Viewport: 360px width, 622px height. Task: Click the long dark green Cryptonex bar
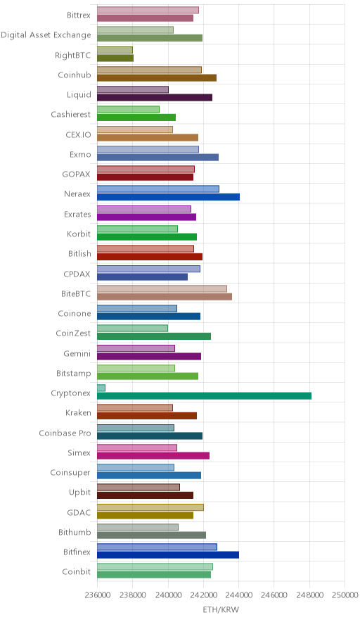[x=204, y=396]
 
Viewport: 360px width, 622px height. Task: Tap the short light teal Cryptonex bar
[x=101, y=388]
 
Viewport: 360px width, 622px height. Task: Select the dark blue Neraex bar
[x=169, y=197]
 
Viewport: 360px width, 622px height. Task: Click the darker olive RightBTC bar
[x=115, y=58]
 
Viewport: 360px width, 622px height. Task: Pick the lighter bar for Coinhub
[x=150, y=70]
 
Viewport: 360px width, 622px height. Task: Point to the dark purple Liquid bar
[x=155, y=98]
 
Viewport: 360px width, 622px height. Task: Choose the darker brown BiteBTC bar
[x=165, y=297]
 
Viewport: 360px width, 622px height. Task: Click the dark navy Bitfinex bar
[x=168, y=555]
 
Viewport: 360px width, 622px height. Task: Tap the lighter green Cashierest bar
[x=129, y=110]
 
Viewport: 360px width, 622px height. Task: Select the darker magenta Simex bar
[x=153, y=456]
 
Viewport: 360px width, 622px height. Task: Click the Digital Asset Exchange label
[x=46, y=35]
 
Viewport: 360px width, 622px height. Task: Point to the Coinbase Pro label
[x=65, y=433]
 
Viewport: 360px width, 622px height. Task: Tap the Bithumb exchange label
[x=75, y=532]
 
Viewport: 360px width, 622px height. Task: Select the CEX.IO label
[x=78, y=134]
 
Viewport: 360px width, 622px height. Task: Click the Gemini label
[x=77, y=353]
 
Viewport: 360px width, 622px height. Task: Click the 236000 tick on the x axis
[x=97, y=595]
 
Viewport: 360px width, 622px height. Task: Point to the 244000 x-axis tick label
[x=238, y=595]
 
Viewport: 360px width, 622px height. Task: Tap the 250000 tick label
[x=345, y=595]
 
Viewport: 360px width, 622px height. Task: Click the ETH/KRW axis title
[x=221, y=610]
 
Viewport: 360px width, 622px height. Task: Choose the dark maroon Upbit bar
[x=145, y=495]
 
